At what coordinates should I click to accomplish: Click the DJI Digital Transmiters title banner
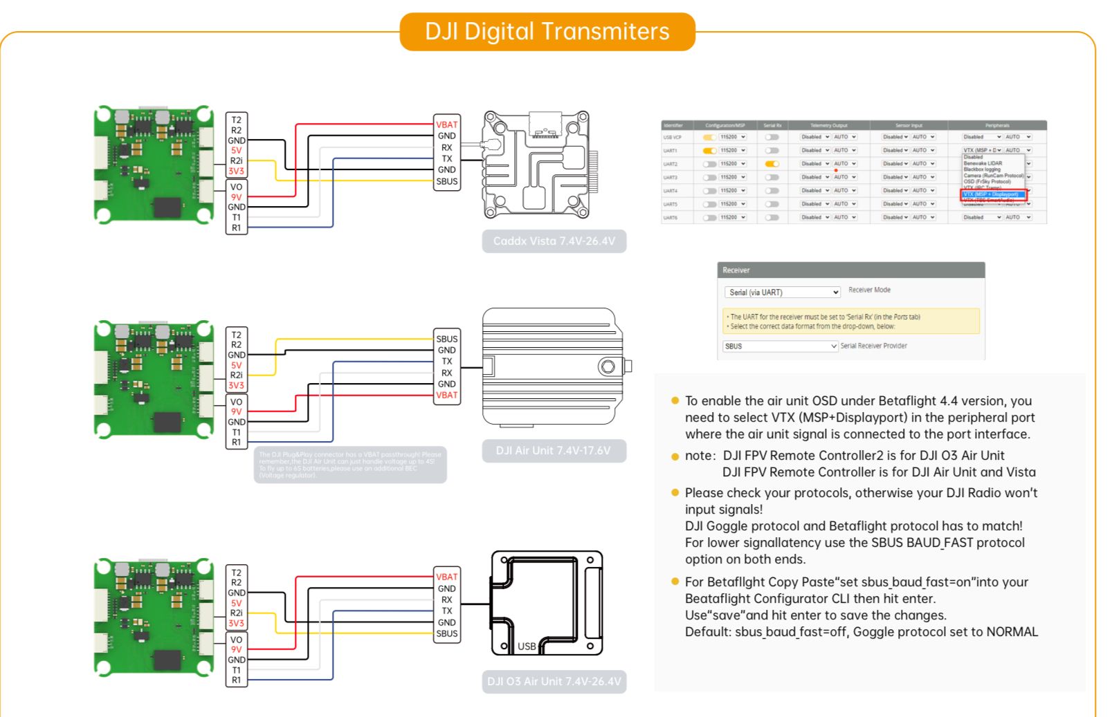(x=547, y=32)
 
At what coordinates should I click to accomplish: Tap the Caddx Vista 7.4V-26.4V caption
(x=554, y=241)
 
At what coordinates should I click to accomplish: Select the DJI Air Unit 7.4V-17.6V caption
(x=554, y=451)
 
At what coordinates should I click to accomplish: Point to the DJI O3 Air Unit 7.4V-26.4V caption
(x=554, y=682)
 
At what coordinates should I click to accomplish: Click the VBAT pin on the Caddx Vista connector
(x=447, y=125)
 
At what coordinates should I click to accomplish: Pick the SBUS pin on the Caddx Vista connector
(x=447, y=182)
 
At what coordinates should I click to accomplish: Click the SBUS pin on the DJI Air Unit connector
(x=447, y=339)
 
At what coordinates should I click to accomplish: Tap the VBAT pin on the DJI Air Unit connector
(x=447, y=395)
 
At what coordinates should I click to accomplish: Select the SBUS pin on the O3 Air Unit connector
(x=447, y=633)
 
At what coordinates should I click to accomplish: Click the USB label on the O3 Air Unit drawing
(x=527, y=646)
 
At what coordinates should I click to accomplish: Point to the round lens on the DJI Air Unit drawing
(x=608, y=366)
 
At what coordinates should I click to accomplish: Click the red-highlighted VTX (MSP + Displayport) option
(x=993, y=194)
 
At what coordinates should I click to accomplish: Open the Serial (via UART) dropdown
(x=782, y=292)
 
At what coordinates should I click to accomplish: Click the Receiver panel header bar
(x=850, y=270)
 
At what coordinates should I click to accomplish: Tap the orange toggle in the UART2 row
(x=772, y=164)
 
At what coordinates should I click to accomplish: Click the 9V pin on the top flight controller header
(x=237, y=197)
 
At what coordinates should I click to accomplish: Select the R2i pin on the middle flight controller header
(x=237, y=375)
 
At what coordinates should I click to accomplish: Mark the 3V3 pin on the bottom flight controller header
(x=237, y=624)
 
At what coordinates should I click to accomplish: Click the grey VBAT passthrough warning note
(x=350, y=465)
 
